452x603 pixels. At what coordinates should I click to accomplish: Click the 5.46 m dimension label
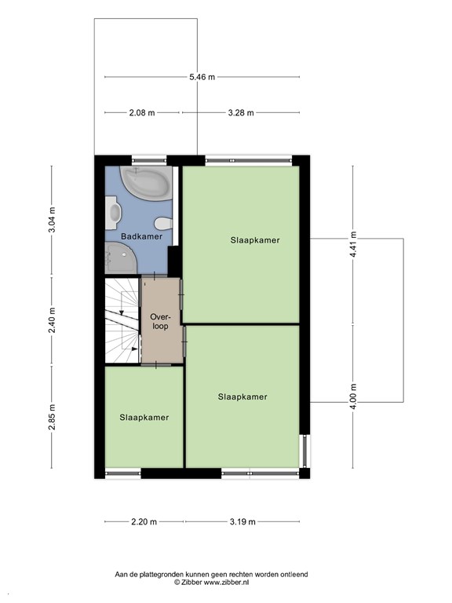(202, 77)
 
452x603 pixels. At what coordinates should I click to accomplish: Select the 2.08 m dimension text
(142, 113)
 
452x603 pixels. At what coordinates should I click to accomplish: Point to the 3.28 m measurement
(241, 113)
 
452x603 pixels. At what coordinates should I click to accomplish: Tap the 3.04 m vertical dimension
(52, 220)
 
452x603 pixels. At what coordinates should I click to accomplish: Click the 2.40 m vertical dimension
(52, 320)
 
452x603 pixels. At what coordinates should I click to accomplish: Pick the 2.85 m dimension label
(52, 418)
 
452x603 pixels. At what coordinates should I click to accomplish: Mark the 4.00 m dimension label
(353, 396)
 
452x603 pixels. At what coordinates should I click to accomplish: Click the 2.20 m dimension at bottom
(144, 522)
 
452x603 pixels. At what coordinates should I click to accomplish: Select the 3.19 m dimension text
(242, 522)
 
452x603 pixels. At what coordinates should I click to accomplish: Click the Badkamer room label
(141, 236)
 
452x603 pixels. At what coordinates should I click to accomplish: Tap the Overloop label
(160, 321)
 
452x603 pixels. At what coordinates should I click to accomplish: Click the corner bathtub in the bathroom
(146, 183)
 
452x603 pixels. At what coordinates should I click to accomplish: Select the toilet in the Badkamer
(163, 223)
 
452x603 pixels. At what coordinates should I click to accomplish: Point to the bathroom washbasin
(113, 213)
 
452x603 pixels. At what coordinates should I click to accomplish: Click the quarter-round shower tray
(121, 258)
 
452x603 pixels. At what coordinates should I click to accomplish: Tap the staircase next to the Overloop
(122, 320)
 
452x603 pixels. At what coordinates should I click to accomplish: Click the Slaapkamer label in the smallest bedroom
(144, 418)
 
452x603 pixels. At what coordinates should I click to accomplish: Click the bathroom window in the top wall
(150, 160)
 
